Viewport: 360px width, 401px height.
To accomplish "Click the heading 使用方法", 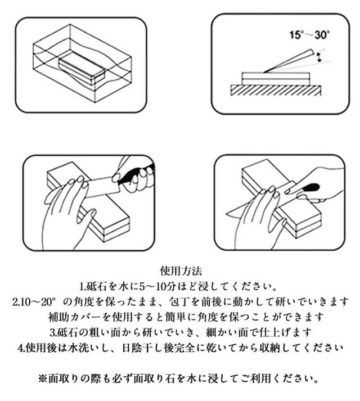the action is coord(181,271).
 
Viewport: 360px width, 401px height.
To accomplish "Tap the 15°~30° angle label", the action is coord(309,34).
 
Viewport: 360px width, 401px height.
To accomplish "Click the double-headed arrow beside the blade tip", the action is coord(319,57).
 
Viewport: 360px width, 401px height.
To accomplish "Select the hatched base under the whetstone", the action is coord(276,91).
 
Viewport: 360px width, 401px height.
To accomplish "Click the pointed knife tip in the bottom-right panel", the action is coord(227,214).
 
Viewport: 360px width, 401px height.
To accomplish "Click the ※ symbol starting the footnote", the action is coord(43,379).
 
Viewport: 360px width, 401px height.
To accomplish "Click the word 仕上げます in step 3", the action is coord(285,332).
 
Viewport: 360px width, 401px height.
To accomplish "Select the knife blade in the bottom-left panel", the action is coord(101,186).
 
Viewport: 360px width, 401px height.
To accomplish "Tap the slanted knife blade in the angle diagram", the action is coord(289,61).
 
